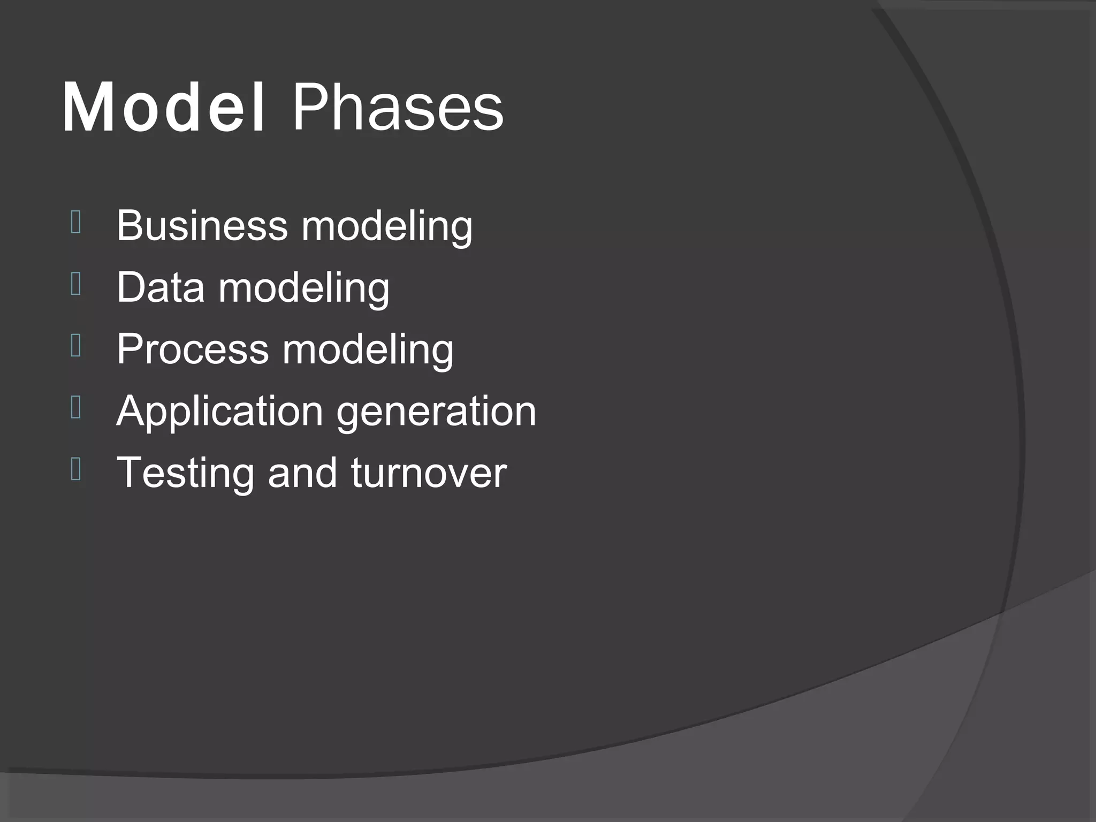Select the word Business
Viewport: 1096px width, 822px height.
pyautogui.click(x=202, y=225)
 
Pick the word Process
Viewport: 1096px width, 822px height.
pyautogui.click(x=193, y=349)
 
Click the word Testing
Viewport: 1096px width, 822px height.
pyautogui.click(x=185, y=473)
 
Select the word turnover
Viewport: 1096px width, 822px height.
pyautogui.click(x=429, y=473)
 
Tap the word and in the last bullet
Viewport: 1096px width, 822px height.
pyautogui.click(x=302, y=473)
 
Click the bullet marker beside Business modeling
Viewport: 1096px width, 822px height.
pyautogui.click(x=75, y=223)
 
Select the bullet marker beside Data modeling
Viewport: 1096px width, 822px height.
pyautogui.click(x=75, y=284)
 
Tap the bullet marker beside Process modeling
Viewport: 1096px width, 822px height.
pyautogui.click(x=75, y=346)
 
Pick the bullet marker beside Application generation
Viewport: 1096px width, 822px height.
pyautogui.click(x=75, y=408)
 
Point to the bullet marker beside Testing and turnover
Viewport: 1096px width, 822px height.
pyautogui.click(x=75, y=469)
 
